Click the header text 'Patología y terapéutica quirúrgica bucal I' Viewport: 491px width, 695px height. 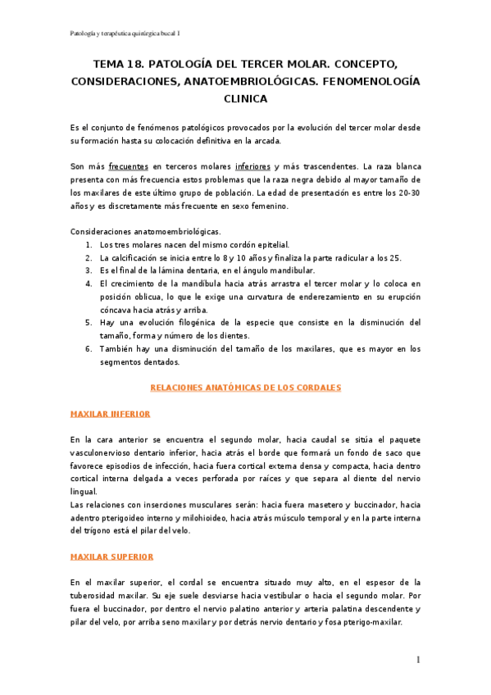click(125, 33)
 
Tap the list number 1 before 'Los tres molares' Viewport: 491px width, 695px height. click(89, 245)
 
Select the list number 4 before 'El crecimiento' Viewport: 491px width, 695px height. click(89, 284)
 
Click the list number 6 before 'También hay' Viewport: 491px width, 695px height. click(89, 349)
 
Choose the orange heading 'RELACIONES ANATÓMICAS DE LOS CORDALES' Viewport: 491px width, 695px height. click(245, 387)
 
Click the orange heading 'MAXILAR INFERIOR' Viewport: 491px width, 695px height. click(111, 414)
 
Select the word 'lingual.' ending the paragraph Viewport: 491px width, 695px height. click(84, 492)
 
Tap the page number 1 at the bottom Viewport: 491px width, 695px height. click(418, 660)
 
